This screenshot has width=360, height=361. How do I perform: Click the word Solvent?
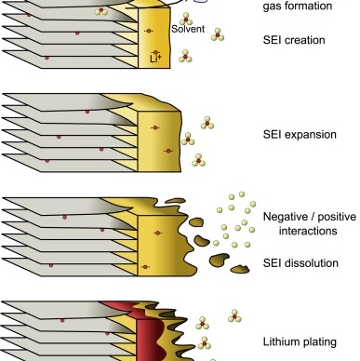188,29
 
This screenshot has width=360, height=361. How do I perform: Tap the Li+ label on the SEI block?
155,59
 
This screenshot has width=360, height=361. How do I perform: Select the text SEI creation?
294,40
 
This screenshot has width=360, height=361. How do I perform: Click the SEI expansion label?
300,134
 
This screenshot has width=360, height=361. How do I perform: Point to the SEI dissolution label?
300,263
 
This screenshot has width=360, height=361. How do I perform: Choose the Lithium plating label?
300,341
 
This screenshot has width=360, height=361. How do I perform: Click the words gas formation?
298,6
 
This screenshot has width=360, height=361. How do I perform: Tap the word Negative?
286,217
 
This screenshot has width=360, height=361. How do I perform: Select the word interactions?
308,231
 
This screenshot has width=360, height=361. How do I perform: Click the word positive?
337,217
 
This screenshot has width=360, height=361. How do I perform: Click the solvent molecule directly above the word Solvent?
186,19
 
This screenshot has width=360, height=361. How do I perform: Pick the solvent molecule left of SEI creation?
218,34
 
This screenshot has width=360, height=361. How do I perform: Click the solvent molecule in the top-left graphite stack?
101,11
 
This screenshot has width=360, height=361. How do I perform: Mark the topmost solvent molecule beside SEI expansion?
207,123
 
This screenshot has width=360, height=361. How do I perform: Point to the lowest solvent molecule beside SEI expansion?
199,160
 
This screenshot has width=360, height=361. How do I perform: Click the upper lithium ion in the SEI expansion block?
155,127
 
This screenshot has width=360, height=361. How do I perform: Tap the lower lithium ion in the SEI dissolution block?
145,267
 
